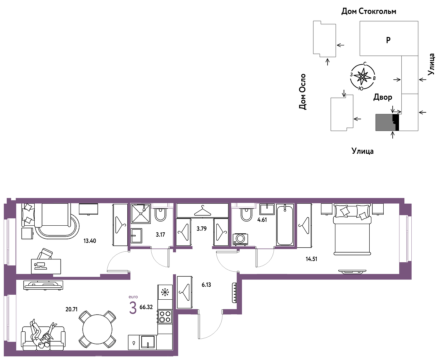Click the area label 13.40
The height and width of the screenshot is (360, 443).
pos(90,241)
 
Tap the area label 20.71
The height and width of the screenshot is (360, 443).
pos(71,309)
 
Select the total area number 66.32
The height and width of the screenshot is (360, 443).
pos(146,307)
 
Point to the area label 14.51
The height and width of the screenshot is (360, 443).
pos(311,259)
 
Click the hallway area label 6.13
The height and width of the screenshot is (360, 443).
pos(206,285)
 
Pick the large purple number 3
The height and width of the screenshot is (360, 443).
pos(133,308)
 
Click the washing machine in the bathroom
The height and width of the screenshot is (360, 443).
pos(240,239)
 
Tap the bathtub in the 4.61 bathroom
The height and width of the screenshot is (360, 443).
pos(285,225)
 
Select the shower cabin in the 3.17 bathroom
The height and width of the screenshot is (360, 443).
pos(141,214)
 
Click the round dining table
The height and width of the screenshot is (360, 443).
pos(97,329)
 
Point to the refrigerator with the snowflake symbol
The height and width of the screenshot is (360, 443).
pos(165,292)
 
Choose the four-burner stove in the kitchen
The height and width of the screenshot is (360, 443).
pos(165,317)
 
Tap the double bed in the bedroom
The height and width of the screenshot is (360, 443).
pos(352,230)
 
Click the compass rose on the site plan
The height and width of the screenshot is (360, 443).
pos(363,77)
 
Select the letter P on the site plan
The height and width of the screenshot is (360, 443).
pos(388,40)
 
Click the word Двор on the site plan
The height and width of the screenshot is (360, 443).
pos(383,97)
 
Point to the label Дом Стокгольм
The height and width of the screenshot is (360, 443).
pos(369,11)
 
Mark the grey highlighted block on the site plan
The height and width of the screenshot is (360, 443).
pos(384,122)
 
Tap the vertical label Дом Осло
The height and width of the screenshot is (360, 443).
pos(302,92)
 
